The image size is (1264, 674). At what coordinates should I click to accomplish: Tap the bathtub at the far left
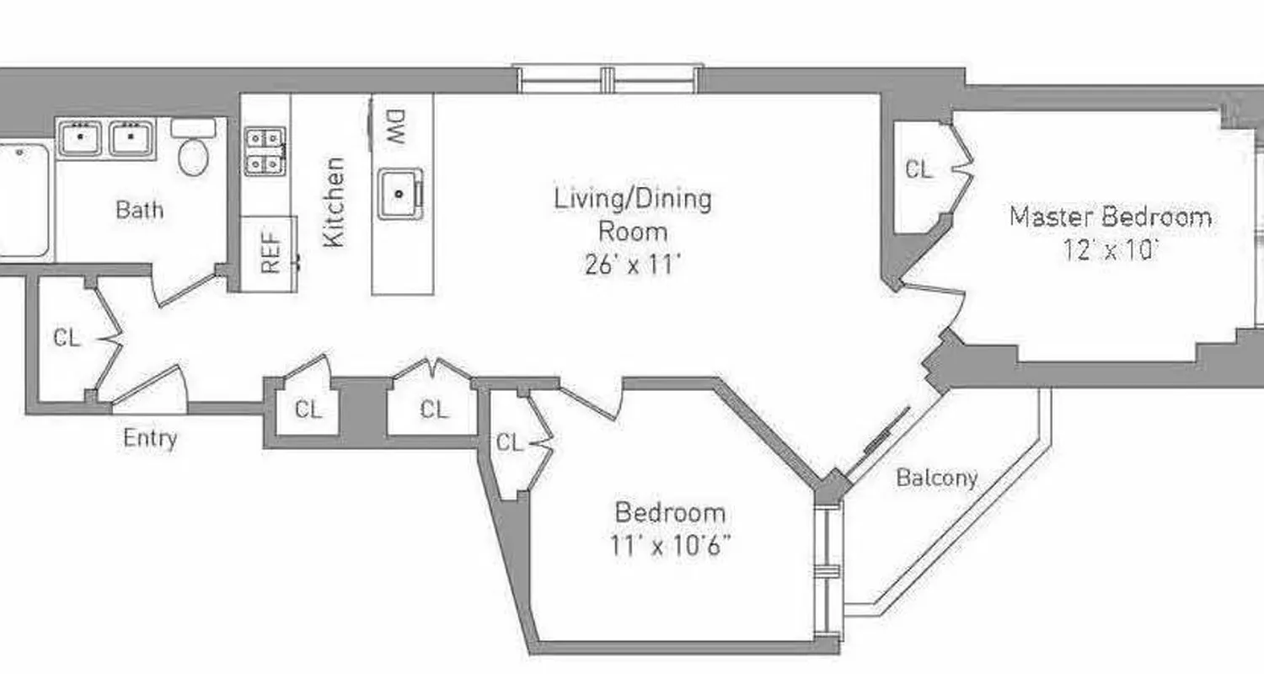(23, 201)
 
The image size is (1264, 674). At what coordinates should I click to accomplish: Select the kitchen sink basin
(399, 194)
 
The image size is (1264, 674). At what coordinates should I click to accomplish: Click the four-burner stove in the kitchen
(265, 151)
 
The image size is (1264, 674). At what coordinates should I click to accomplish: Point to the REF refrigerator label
(270, 254)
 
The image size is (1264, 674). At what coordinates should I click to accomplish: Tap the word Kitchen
(335, 202)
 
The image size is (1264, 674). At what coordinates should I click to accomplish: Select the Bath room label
(139, 209)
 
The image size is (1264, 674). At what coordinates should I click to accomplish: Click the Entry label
(150, 438)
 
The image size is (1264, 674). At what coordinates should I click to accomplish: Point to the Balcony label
(936, 479)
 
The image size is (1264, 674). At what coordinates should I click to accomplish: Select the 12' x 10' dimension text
(1111, 250)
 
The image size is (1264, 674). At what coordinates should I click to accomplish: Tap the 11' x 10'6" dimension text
(670, 546)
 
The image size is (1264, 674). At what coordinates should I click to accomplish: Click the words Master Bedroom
(1111, 217)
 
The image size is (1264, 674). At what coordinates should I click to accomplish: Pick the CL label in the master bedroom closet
(919, 169)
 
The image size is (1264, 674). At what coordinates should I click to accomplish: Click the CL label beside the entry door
(67, 338)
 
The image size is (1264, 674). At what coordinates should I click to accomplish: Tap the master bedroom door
(932, 294)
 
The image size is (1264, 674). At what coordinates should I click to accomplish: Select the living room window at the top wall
(608, 79)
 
